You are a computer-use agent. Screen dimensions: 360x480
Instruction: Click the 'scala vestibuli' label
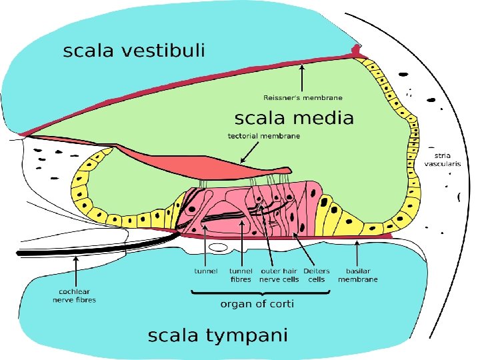[134, 51]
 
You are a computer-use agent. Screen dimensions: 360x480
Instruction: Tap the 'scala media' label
[294, 119]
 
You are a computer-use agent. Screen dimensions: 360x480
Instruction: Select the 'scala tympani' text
[217, 335]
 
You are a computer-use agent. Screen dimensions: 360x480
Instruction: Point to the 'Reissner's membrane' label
[302, 97]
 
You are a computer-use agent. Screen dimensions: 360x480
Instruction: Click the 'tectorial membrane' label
[264, 136]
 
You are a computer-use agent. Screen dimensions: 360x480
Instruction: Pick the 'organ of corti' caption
[257, 304]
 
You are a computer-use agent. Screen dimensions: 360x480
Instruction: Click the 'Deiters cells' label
[316, 275]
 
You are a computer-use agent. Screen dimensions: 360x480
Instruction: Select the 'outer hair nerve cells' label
[279, 275]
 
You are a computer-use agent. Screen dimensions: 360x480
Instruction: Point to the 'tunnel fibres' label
[241, 275]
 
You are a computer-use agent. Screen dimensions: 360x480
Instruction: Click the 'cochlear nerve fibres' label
[75, 295]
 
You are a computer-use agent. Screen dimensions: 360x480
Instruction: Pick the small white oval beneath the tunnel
[223, 248]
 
